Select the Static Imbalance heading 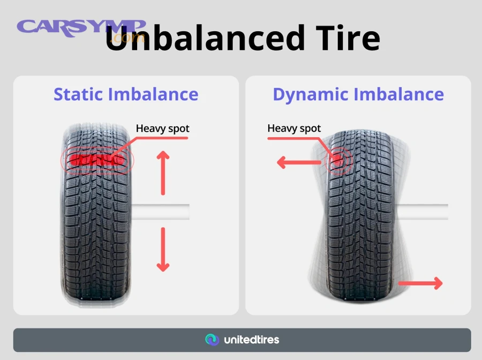126,94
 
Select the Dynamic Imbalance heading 358,94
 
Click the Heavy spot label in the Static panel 162,129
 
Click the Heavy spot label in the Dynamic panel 294,129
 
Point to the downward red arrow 163,249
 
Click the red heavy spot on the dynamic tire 338,159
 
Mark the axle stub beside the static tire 161,211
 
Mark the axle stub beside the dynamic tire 423,211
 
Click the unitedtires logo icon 212,340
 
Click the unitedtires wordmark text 251,340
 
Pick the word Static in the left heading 79,94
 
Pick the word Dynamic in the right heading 313,94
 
